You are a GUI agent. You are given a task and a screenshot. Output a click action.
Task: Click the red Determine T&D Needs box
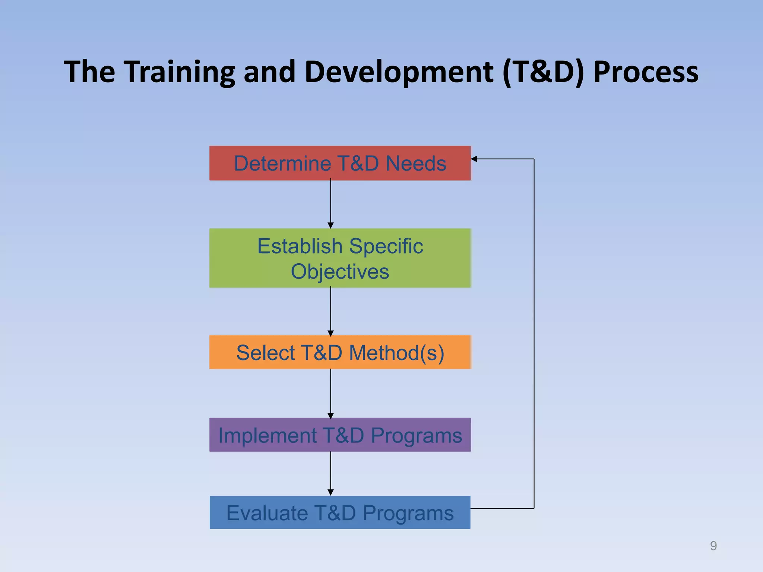[340, 163]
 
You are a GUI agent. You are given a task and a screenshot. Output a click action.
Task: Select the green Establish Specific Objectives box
[340, 258]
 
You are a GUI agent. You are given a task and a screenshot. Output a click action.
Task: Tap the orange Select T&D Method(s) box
[340, 352]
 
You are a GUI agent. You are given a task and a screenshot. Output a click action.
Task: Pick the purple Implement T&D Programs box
[340, 435]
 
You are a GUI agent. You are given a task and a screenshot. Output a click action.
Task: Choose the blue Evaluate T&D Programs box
[340, 512]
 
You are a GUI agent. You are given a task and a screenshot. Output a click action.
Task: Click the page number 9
[713, 546]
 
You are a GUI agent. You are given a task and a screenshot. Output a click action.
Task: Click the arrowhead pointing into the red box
[474, 159]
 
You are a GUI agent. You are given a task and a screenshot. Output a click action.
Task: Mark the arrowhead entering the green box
[330, 225]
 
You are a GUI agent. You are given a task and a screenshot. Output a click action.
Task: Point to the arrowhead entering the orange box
[330, 333]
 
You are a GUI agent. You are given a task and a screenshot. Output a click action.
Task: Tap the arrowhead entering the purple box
[330, 416]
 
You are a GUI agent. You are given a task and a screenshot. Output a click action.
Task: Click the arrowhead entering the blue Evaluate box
[330, 492]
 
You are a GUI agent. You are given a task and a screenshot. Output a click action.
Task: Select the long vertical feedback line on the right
[534, 335]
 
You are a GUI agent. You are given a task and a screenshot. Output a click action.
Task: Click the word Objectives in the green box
[340, 271]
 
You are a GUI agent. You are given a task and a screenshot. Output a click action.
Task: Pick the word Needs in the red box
[416, 163]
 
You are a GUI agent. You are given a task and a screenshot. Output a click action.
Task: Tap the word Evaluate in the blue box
[267, 513]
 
